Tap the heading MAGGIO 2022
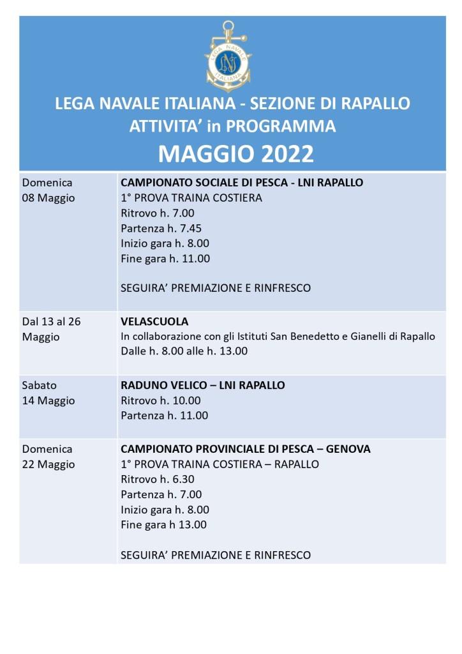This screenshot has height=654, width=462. click(x=235, y=154)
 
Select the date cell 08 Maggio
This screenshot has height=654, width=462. click(x=48, y=198)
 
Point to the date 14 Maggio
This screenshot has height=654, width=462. click(x=48, y=401)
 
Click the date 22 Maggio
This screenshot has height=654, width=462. click(x=48, y=465)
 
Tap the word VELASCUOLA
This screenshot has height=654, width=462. click(x=154, y=321)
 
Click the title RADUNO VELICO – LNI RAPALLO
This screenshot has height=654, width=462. click(x=202, y=385)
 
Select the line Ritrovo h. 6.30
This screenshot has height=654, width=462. click(x=158, y=479)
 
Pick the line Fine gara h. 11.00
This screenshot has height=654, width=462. click(x=165, y=259)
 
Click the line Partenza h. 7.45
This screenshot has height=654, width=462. click(x=161, y=228)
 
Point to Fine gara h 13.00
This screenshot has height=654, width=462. click(x=163, y=525)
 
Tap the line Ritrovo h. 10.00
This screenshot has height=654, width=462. click(x=161, y=400)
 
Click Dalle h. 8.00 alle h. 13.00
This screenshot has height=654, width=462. click(x=184, y=351)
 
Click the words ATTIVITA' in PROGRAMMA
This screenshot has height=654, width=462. click(x=232, y=126)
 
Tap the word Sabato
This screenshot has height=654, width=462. click(x=40, y=385)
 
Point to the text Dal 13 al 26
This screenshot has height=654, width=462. click(x=52, y=321)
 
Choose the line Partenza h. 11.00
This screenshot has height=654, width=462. click(x=164, y=416)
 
